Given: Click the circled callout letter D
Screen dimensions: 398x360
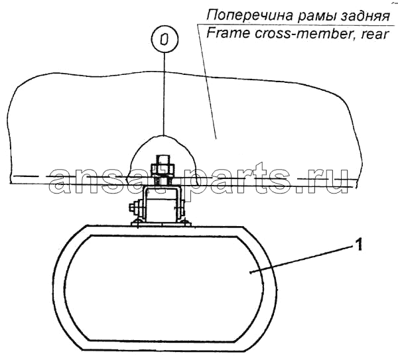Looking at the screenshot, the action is (165, 39).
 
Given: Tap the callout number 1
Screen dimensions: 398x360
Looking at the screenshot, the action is (358, 245).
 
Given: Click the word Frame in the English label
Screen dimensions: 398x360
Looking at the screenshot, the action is (229, 33).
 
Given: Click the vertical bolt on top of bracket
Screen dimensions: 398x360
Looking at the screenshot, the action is (163, 170).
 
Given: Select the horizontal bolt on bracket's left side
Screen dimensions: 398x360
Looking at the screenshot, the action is (137, 207).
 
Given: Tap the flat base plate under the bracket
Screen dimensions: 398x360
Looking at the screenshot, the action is (161, 224).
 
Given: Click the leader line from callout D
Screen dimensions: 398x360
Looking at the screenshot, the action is (165, 93).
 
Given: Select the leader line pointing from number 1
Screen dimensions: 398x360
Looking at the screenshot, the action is (301, 259).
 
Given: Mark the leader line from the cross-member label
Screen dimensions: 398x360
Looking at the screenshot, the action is (207, 82).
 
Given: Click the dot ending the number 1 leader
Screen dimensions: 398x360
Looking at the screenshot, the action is (251, 272).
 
